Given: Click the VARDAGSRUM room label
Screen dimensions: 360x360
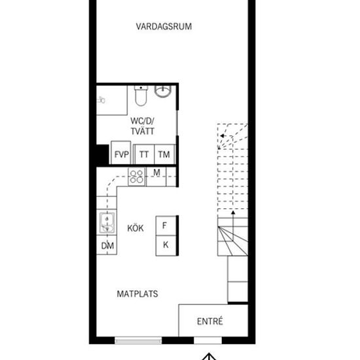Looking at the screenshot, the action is point(164,27).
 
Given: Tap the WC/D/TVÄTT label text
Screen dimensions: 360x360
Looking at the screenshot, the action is point(142,126).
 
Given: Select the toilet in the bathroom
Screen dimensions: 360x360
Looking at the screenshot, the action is point(141,96).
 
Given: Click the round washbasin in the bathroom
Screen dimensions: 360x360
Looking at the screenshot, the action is point(163,92).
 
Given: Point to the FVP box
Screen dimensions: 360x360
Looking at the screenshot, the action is point(121,153).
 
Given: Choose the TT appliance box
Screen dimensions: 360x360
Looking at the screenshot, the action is point(145,154).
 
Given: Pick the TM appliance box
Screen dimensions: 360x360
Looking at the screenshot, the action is point(164,154).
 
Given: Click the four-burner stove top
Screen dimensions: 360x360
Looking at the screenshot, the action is point(137,177).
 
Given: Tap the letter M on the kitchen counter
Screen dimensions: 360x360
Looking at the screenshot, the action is point(156,173).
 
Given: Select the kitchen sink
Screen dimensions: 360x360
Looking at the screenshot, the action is point(107,223).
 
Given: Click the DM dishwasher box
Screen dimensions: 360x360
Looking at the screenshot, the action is point(107,245).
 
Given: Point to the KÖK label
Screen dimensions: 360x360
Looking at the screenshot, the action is point(135,228).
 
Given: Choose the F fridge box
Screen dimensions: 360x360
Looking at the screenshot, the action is point(166,226).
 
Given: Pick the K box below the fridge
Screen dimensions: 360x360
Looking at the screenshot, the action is point(166,245).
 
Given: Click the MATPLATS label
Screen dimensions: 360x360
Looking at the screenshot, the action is point(137,294).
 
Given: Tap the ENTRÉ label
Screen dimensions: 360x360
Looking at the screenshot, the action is point(210,321).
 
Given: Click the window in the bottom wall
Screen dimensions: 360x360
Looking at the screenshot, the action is point(138,340).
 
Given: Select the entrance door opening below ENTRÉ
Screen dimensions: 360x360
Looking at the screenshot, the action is point(207,340).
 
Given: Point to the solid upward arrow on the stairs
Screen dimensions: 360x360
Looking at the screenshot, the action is point(233,226).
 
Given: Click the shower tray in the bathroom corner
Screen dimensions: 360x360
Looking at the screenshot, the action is point(112,100).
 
